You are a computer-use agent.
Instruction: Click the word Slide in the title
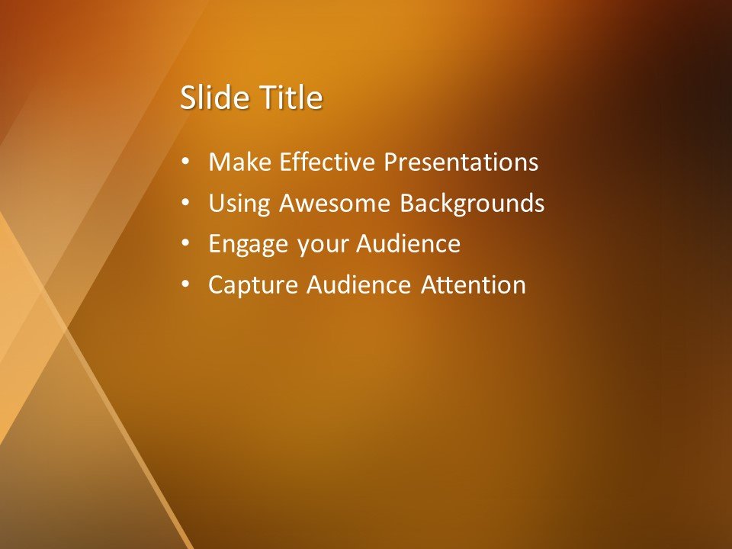pyautogui.click(x=208, y=98)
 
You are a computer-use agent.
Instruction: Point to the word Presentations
pyautogui.click(x=461, y=162)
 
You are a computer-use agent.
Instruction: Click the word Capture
pyautogui.click(x=253, y=285)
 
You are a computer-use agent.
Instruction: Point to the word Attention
pyautogui.click(x=474, y=285)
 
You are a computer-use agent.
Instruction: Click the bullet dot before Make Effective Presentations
pyautogui.click(x=186, y=163)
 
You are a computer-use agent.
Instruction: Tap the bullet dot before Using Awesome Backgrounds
pyautogui.click(x=186, y=204)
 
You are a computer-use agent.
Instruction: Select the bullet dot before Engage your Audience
pyautogui.click(x=186, y=245)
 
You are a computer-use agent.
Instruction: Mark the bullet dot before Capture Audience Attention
pyautogui.click(x=186, y=286)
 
